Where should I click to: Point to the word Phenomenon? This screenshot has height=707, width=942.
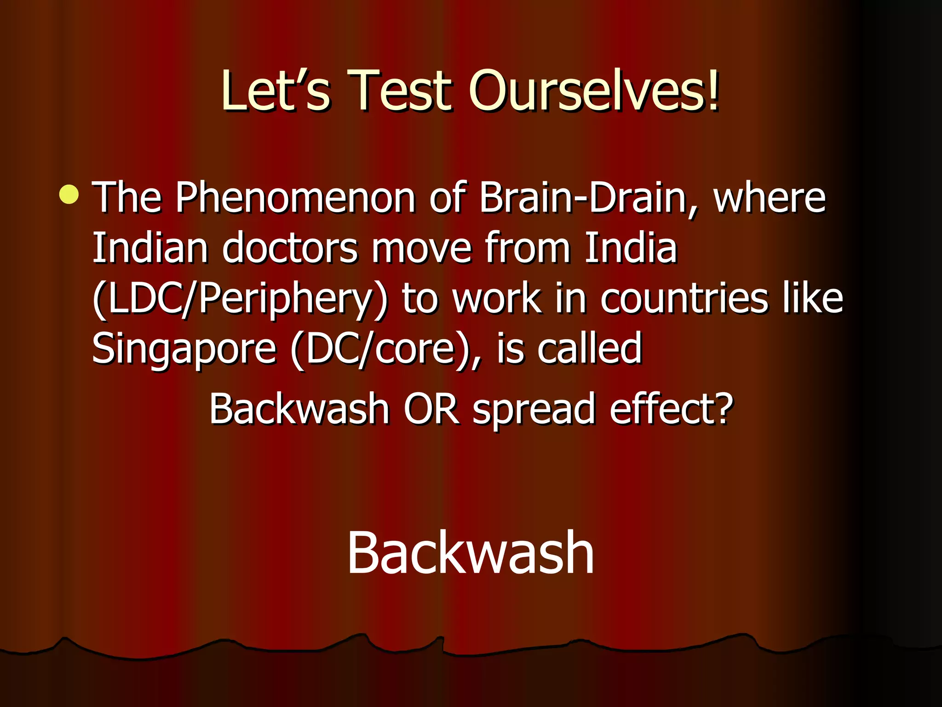click(x=295, y=198)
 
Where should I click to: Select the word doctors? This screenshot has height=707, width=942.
click(x=290, y=248)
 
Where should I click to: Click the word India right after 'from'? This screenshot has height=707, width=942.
click(x=631, y=248)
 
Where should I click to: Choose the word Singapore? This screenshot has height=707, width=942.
click(x=184, y=350)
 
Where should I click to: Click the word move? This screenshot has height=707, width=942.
click(x=421, y=248)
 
